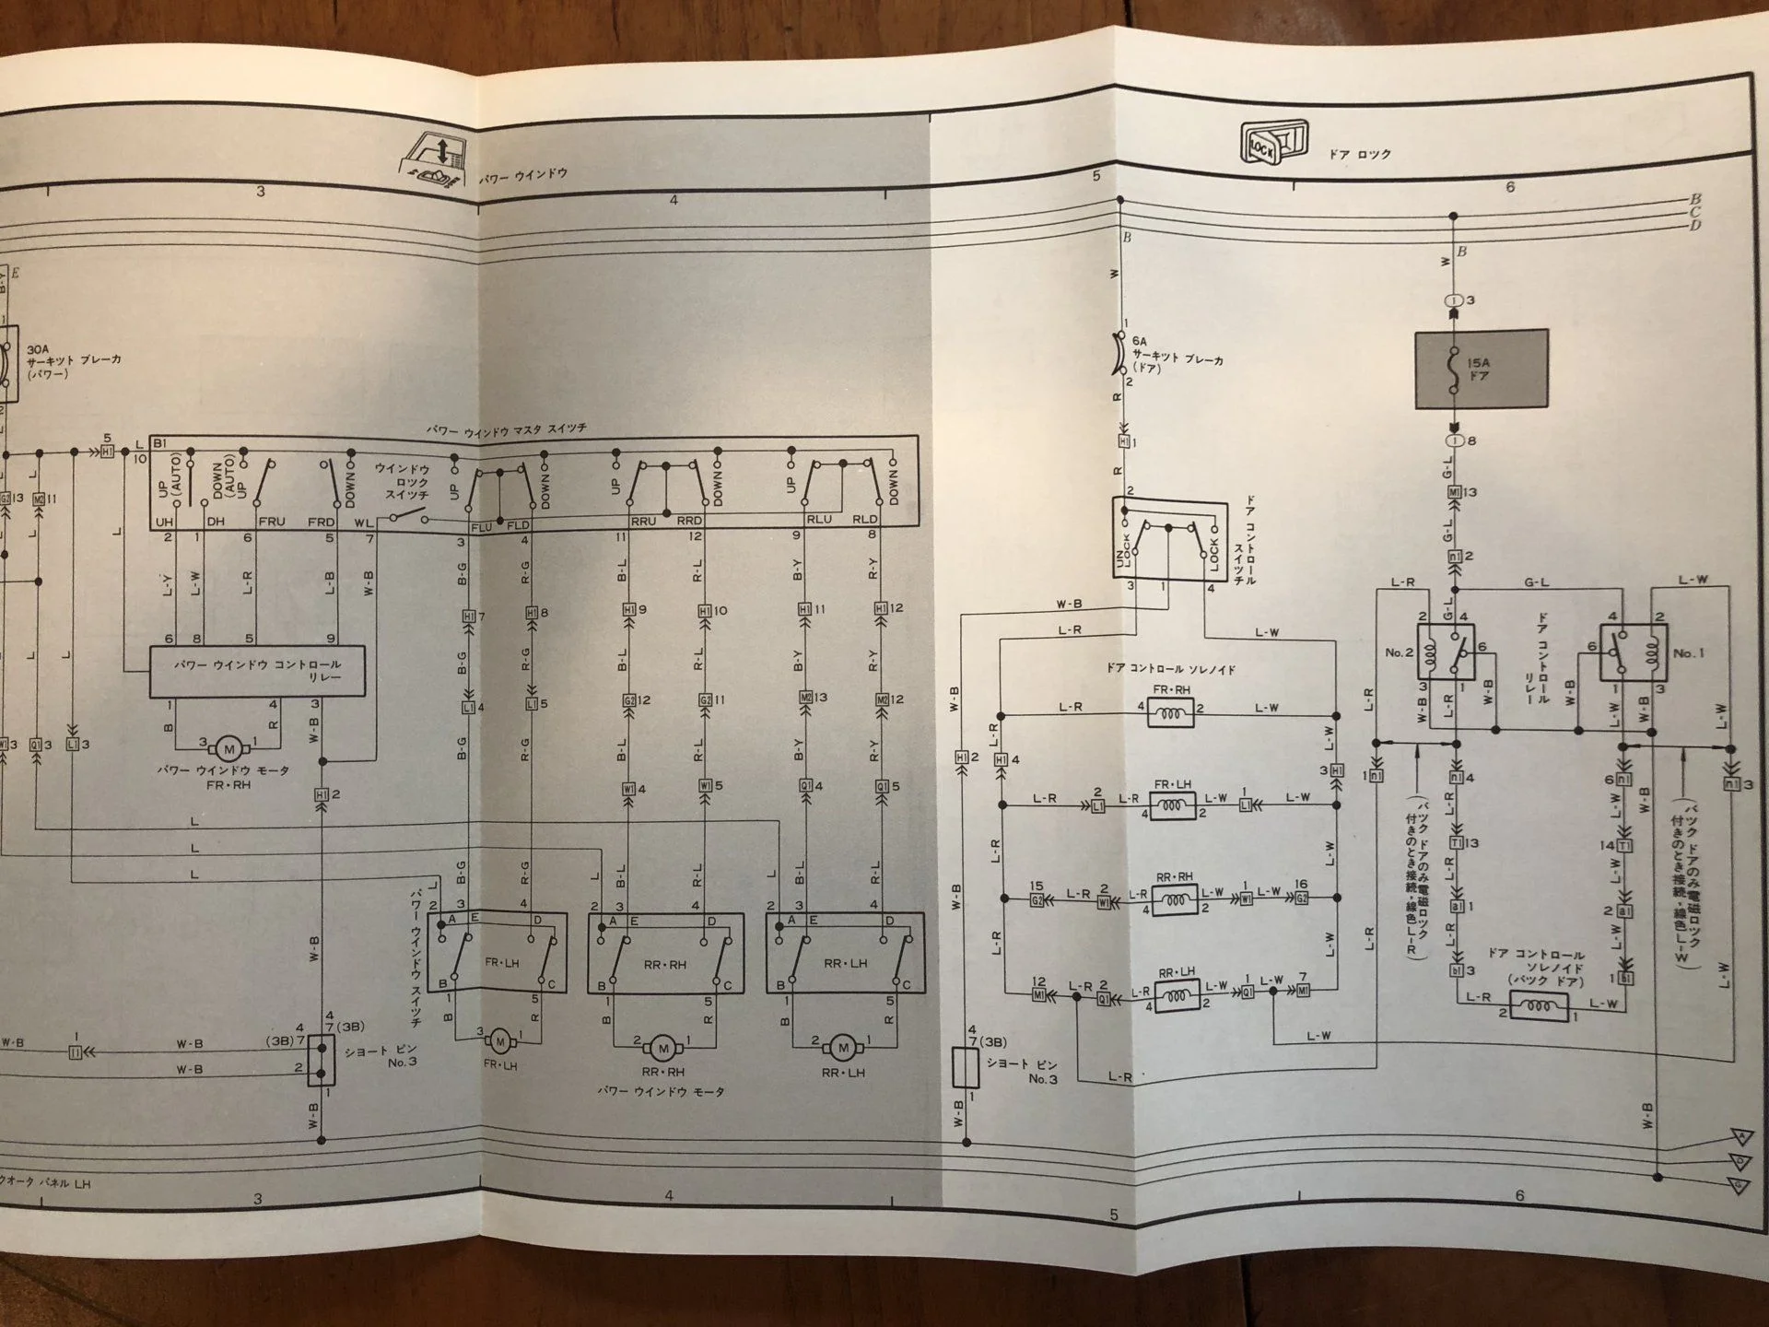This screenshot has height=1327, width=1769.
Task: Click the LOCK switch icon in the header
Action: [x=1274, y=143]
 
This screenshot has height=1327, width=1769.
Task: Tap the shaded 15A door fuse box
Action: [x=1481, y=369]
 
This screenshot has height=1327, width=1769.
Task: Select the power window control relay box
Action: [x=258, y=670]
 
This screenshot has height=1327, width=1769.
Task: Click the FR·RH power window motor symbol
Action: [x=228, y=749]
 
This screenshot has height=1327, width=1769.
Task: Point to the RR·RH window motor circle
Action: [x=662, y=1048]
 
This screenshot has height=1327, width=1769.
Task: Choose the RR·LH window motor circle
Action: [x=842, y=1047]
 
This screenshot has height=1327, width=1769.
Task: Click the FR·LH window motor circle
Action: [x=500, y=1041]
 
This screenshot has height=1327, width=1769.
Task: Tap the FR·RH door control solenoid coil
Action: [x=1170, y=712]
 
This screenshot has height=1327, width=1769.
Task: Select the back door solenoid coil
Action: [x=1539, y=1007]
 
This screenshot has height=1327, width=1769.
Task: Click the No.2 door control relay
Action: [x=1446, y=652]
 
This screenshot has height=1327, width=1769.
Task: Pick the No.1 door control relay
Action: [x=1633, y=652]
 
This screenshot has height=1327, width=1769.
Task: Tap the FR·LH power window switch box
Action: [x=498, y=952]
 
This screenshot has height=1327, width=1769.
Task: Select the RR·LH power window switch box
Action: [x=845, y=952]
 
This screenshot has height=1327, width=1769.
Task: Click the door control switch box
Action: [x=1169, y=539]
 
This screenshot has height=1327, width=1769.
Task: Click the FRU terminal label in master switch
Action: [x=272, y=522]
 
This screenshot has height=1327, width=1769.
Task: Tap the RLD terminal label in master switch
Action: [x=864, y=520]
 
